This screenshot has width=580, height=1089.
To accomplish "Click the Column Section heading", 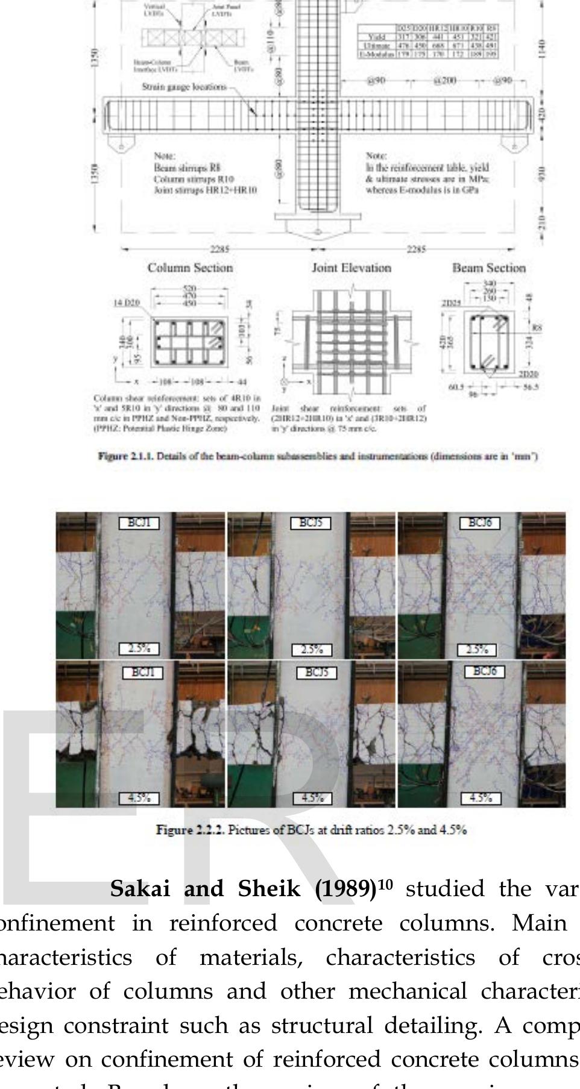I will [190, 268].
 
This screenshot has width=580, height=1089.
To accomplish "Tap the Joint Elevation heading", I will [351, 268].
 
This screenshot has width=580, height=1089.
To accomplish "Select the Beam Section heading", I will [489, 268].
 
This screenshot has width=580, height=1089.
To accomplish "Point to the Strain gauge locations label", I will [184, 87].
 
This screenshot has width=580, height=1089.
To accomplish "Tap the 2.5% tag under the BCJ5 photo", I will [312, 650].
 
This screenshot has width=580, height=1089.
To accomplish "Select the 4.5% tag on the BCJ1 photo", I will [139, 799].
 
